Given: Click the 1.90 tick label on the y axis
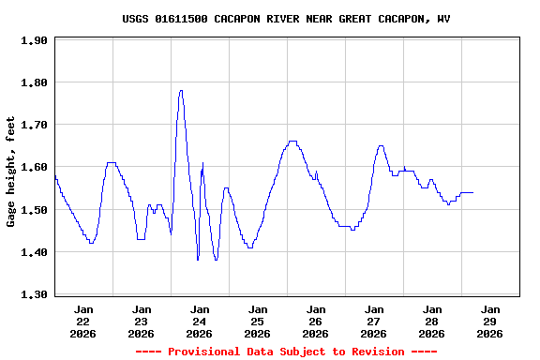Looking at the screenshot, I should click(34, 40).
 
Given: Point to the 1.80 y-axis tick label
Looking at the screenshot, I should click(34, 82).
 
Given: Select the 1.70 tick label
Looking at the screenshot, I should click(34, 125).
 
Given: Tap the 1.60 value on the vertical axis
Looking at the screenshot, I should click(34, 167).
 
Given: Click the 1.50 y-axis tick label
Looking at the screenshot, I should click(34, 210).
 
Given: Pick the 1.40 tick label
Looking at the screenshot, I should click(34, 252).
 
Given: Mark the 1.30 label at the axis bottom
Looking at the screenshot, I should click(34, 294).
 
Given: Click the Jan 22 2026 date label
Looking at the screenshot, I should click(83, 321).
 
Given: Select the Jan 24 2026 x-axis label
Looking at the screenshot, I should click(200, 321).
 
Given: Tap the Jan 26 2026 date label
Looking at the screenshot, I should click(316, 321).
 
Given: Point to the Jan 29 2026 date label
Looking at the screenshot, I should click(489, 321).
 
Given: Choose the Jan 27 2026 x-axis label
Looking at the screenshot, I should click(374, 321).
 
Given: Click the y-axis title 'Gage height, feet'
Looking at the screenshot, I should click(11, 172).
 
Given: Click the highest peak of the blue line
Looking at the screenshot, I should click(181, 91).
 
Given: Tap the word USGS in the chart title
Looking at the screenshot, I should click(136, 19).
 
